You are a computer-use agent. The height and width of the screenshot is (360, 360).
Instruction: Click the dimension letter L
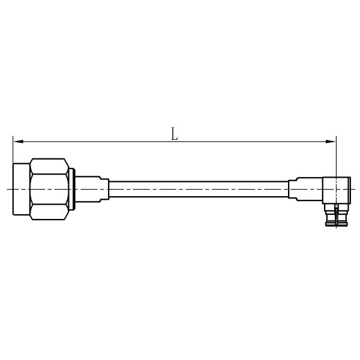point(174,134)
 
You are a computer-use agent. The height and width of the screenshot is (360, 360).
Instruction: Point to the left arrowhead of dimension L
point(19,142)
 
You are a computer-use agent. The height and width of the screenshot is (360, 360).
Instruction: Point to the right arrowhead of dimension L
point(331,142)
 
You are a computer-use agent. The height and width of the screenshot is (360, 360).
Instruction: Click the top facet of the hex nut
point(49,166)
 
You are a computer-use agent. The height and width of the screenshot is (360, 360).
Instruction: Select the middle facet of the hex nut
point(49,189)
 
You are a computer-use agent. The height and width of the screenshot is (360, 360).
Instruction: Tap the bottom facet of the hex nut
point(49,212)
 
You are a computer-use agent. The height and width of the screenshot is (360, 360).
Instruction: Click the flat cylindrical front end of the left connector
point(22,189)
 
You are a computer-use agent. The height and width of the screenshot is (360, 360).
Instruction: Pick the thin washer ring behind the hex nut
point(71,189)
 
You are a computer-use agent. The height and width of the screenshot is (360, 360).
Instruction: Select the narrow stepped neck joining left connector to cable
point(104,189)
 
